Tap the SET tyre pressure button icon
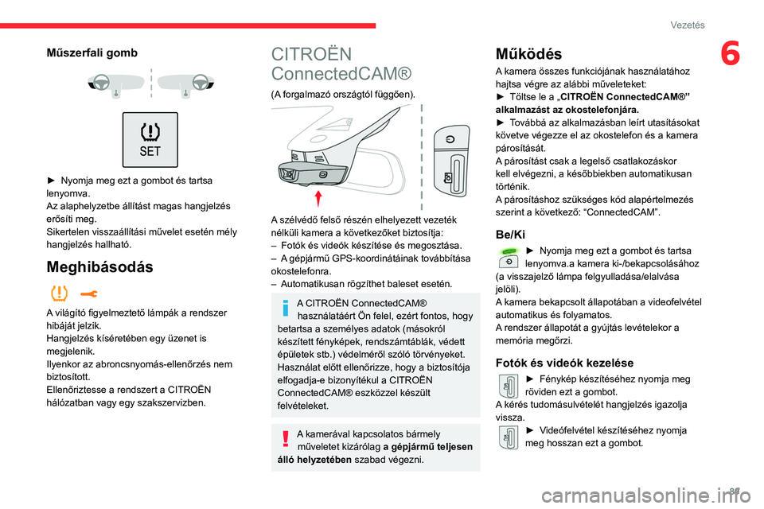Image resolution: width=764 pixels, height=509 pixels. [150, 139]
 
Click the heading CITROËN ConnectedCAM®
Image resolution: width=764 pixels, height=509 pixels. [341, 64]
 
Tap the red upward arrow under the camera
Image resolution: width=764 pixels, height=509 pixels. [318, 197]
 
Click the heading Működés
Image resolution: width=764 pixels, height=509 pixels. [528, 54]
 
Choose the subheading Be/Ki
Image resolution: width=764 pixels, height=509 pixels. [509, 235]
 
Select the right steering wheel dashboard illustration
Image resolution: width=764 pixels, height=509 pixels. [185, 84]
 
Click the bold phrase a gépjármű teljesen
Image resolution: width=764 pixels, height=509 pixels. [427, 446]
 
